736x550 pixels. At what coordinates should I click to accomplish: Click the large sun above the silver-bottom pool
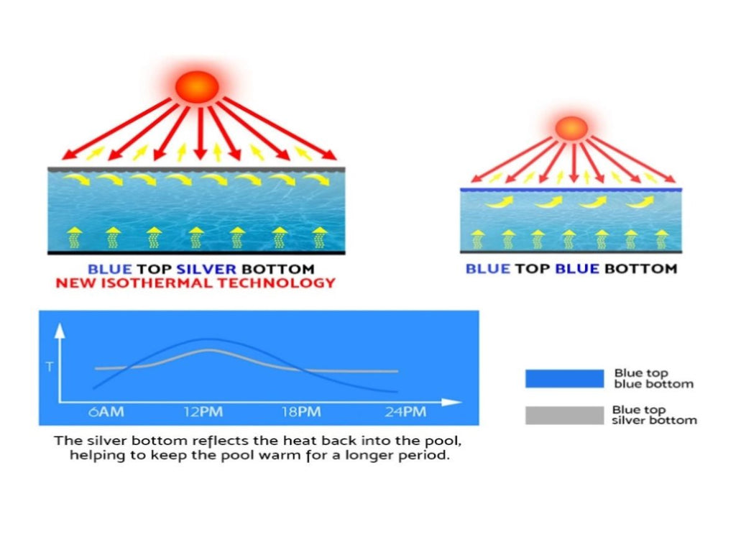pos(197,87)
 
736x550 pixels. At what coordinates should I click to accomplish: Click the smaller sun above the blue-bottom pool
pos(571,128)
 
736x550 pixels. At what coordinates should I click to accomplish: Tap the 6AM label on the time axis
pos(106,412)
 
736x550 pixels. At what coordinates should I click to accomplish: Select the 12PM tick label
pos(203,412)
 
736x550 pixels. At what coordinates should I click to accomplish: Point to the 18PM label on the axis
pos(301,412)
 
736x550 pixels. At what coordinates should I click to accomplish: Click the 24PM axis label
pos(405,412)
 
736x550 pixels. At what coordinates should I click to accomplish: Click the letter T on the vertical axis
pos(50,367)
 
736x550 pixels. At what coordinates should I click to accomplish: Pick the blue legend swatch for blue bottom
pos(565,379)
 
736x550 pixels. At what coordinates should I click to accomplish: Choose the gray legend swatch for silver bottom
pos(565,416)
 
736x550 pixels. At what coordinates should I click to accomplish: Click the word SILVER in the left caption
pos(206,269)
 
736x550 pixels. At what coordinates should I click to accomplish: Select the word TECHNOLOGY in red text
pos(277,283)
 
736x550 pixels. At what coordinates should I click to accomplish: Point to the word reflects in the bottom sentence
pos(219,441)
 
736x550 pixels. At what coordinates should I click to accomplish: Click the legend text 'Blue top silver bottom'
pos(654,415)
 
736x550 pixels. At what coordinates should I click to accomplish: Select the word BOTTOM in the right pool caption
pos(640,269)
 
